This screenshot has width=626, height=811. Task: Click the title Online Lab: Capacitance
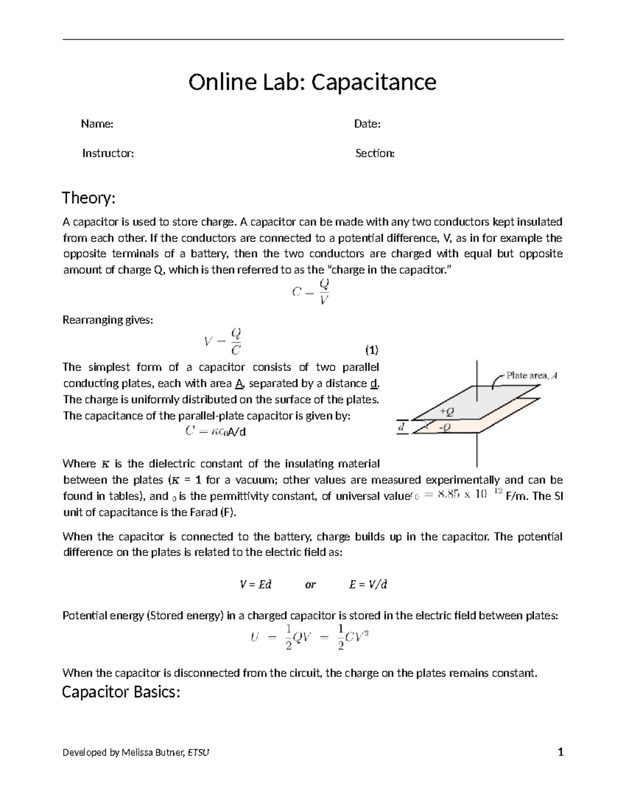[312, 82]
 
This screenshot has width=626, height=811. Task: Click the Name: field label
[97, 124]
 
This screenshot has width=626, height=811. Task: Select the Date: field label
[367, 124]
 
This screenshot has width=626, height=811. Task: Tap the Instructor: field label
[108, 153]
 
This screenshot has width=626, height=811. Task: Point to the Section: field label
[375, 153]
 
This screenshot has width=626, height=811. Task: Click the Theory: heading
[88, 198]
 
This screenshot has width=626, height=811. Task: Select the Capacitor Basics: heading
[121, 692]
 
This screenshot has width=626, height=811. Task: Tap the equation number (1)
[371, 349]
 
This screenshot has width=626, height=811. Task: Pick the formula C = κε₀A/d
[215, 432]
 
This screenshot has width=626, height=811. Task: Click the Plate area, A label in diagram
[532, 375]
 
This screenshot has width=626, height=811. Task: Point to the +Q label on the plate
[447, 412]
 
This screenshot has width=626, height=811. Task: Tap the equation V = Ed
[256, 584]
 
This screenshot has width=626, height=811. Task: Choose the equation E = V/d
[368, 584]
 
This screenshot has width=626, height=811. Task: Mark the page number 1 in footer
[561, 753]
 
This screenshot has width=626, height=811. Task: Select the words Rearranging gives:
[108, 320]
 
